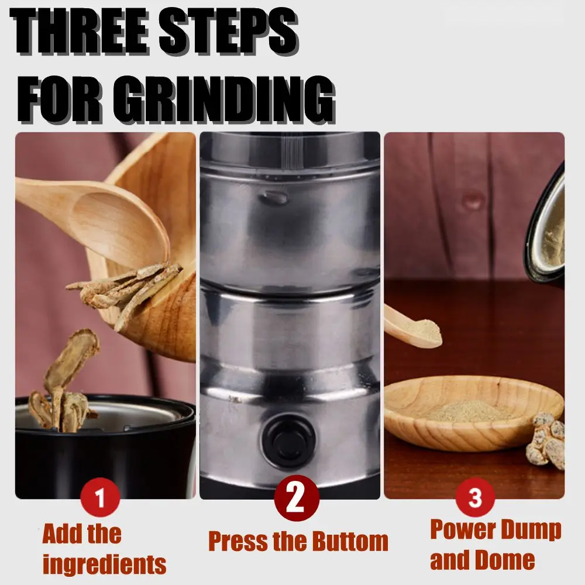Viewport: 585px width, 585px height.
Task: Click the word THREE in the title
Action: pyautogui.click(x=80, y=32)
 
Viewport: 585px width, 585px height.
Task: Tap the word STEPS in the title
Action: pyautogui.click(x=228, y=32)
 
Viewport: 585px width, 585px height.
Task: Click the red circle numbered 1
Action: pyautogui.click(x=100, y=497)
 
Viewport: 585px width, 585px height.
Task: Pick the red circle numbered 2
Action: pyautogui.click(x=297, y=498)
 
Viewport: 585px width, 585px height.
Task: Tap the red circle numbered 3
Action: pyautogui.click(x=475, y=497)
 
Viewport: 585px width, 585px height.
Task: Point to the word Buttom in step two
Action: pyautogui.click(x=350, y=541)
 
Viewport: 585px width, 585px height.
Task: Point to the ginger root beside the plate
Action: pyautogui.click(x=545, y=441)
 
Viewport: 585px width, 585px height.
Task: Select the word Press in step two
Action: pyautogui.click(x=238, y=541)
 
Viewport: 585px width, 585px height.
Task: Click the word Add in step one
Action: pyautogui.click(x=63, y=534)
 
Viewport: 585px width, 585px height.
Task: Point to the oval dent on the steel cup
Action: pyautogui.click(x=275, y=197)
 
